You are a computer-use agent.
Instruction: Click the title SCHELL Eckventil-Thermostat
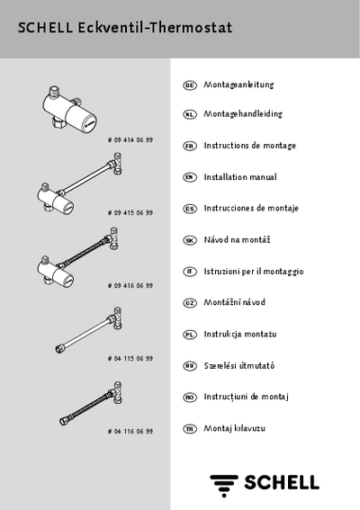[x=125, y=28]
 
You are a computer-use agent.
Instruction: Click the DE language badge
[x=189, y=85]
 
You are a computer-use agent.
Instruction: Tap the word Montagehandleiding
[x=243, y=114]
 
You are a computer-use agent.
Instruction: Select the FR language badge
[x=189, y=146]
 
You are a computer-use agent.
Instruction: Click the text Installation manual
[x=240, y=177]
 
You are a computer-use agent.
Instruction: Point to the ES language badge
[x=189, y=209]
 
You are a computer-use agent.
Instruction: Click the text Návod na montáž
[x=237, y=240]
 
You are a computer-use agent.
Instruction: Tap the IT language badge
[x=189, y=272]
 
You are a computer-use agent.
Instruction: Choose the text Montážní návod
[x=234, y=302]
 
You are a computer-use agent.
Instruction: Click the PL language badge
[x=189, y=335]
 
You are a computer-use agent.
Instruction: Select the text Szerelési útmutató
[x=239, y=365]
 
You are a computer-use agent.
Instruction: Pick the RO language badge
[x=189, y=398]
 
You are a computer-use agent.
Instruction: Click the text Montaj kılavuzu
[x=234, y=428]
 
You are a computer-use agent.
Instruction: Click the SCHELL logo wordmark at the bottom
[x=282, y=482]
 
